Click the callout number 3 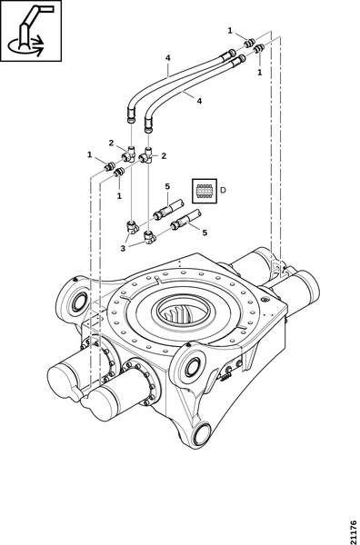click(x=123, y=249)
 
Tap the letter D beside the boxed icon click(x=224, y=190)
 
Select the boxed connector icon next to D click(x=205, y=191)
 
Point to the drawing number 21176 click(x=354, y=531)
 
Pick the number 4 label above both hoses click(x=167, y=58)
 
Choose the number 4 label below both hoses click(x=199, y=101)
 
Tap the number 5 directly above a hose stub click(x=167, y=186)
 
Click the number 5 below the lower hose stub click(x=205, y=233)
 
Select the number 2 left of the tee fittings click(x=111, y=143)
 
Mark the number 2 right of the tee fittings click(x=164, y=155)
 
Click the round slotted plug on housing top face click(x=266, y=299)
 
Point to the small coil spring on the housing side click(x=225, y=377)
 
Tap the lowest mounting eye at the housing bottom click(x=202, y=433)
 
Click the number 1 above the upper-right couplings click(x=230, y=31)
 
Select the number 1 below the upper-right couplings click(x=259, y=73)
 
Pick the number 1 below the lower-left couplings click(x=119, y=196)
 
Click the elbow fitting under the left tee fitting click(x=133, y=226)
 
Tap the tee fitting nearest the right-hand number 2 click(x=146, y=155)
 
